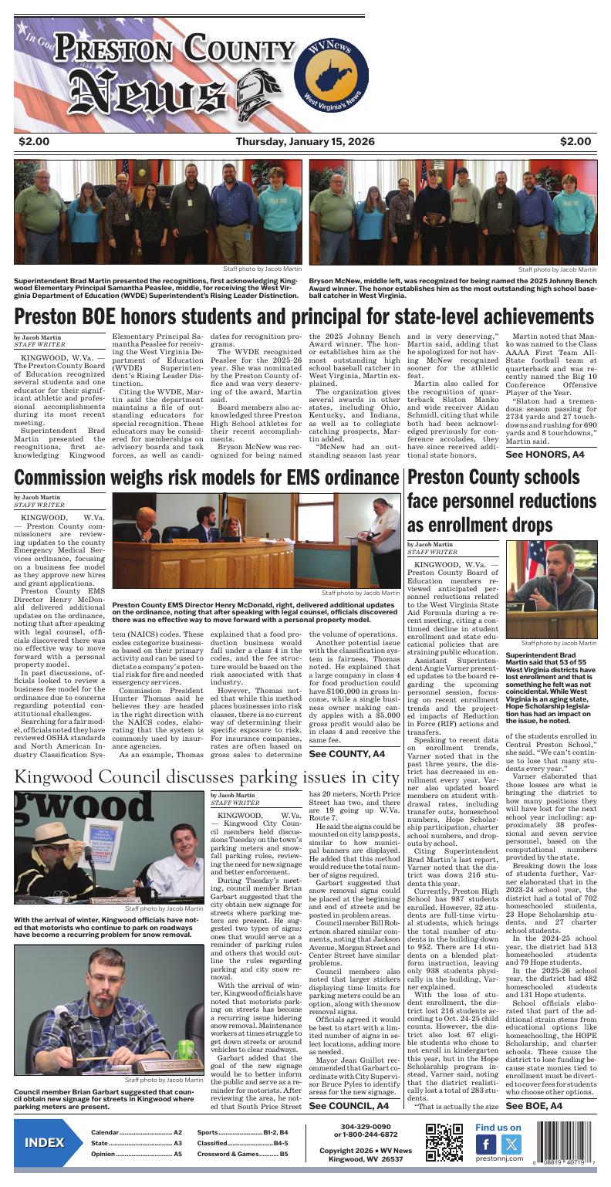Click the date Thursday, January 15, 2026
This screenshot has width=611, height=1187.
[x=305, y=141]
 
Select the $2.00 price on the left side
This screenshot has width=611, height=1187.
[x=35, y=141]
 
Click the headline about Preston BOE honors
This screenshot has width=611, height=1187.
[x=305, y=316]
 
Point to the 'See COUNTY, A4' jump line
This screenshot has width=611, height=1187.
[x=346, y=753]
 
